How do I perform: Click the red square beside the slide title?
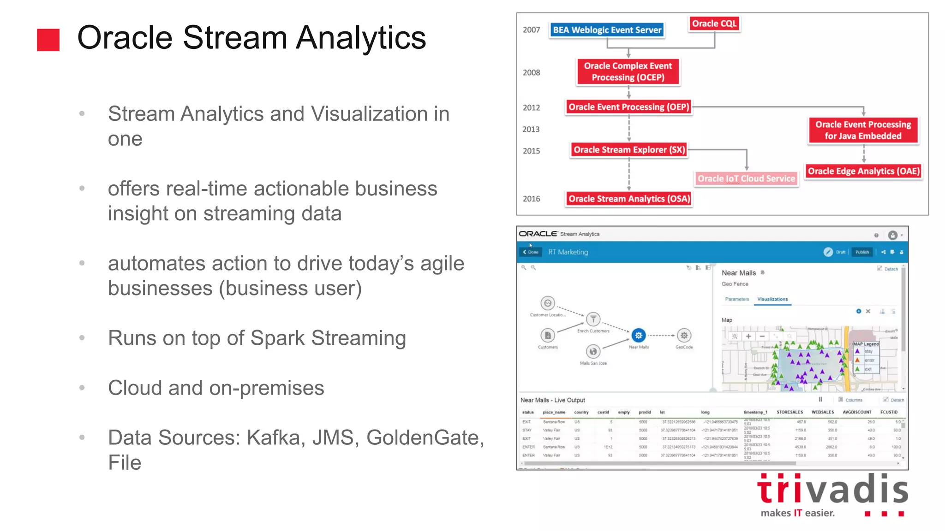point(48,40)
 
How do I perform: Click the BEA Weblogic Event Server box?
point(607,30)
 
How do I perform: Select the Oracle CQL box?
point(714,24)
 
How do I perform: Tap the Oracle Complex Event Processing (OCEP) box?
point(628,72)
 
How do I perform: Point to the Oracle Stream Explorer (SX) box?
point(629,150)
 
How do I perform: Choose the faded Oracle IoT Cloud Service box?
point(746,178)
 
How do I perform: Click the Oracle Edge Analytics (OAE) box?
point(863,171)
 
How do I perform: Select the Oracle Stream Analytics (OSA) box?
point(629,199)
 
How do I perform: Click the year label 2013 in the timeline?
point(531,130)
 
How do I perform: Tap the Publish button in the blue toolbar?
point(861,252)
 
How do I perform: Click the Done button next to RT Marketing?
point(531,252)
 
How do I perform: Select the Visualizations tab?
point(772,299)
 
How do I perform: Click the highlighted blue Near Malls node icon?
point(638,336)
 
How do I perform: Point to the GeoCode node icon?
point(684,336)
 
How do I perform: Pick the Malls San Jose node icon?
point(593,352)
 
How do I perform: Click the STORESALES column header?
point(789,412)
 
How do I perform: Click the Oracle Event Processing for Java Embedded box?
point(863,130)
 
